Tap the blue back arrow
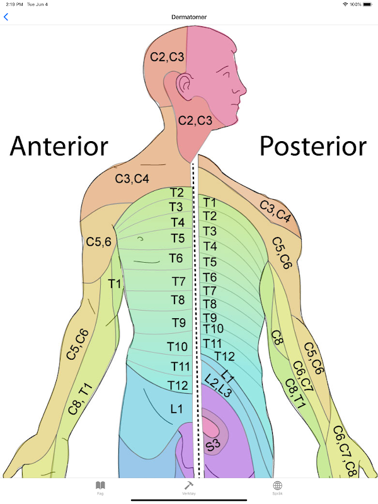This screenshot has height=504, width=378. coord(6,17)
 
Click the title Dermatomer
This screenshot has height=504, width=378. coord(189,17)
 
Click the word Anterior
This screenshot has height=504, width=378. coord(59,146)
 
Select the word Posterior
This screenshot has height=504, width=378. coord(312,146)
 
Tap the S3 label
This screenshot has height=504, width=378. coord(214,445)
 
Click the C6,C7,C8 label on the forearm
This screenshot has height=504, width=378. coord(345,451)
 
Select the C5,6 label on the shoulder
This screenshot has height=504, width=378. coord(99,241)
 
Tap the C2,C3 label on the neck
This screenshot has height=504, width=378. coord(195,120)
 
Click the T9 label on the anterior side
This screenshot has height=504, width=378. coord(180,323)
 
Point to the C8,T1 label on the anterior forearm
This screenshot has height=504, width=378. coord(80,399)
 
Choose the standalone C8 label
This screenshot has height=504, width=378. coord(277,338)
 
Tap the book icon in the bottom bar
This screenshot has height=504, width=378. coord(100,486)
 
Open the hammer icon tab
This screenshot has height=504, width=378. coord(188,486)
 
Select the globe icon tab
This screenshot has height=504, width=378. coord(277,486)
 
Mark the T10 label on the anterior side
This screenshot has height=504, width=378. coord(177,346)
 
